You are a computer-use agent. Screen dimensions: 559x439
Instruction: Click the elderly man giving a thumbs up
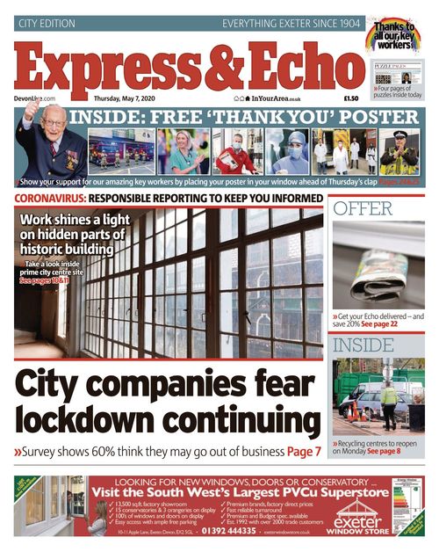click(x=48, y=149)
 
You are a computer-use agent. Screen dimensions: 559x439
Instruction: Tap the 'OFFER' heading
click(x=363, y=209)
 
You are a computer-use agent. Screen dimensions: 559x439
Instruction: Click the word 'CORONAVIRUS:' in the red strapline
click(x=52, y=200)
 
